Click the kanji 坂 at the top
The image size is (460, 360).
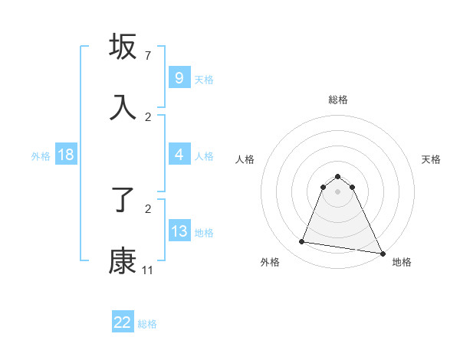point(123,47)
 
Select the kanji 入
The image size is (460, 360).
point(123,108)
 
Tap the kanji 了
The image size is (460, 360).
point(123,201)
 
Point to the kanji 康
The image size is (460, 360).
point(123,261)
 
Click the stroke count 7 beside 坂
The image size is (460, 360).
point(147,56)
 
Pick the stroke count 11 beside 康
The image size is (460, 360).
point(147,270)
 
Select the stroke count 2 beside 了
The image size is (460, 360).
point(147,208)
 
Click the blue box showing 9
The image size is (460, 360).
point(179,77)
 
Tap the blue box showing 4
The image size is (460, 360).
point(179,155)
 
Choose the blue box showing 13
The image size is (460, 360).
point(179,231)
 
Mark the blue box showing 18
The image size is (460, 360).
point(66,155)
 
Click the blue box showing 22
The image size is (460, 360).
point(123,322)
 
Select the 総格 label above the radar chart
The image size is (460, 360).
point(337,100)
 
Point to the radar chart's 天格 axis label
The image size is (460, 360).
point(431,159)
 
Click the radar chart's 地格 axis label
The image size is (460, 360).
point(402,263)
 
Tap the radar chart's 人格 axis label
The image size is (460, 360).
point(245,159)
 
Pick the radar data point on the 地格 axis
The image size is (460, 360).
point(382,253)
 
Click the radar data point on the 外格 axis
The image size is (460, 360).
point(301,242)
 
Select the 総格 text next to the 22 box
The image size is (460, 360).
point(147,324)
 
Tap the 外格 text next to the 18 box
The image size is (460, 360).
point(41,156)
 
